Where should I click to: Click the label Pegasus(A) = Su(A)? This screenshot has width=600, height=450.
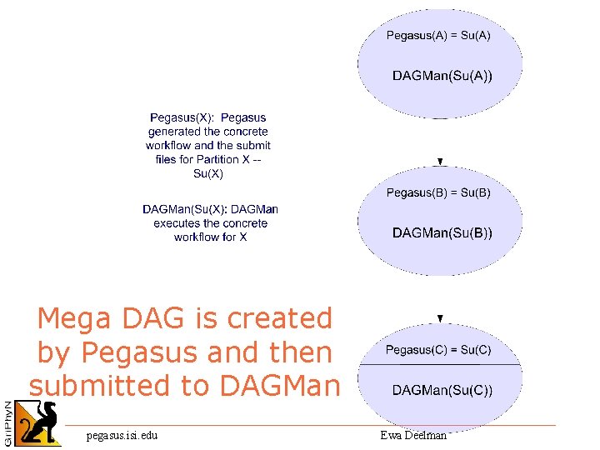pyautogui.click(x=438, y=35)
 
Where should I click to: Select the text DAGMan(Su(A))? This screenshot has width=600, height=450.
pyautogui.click(x=442, y=76)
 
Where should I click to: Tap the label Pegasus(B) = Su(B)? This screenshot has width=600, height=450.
pyautogui.click(x=438, y=192)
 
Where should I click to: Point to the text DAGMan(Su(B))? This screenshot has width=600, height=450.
pyautogui.click(x=442, y=232)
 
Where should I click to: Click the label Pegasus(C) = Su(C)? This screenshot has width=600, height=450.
pyautogui.click(x=438, y=350)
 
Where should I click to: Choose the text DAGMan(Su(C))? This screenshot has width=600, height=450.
pyautogui.click(x=442, y=390)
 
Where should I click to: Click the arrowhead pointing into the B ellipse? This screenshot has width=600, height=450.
pyautogui.click(x=440, y=162)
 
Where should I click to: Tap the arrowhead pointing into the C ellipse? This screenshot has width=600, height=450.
pyautogui.click(x=440, y=318)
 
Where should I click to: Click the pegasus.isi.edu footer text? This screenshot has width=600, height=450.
pyautogui.click(x=122, y=435)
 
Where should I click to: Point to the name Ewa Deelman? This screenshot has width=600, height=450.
pyautogui.click(x=413, y=435)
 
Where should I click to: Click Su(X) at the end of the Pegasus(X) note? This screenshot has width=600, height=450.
pyautogui.click(x=207, y=173)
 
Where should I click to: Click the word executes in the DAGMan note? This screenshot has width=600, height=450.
pyautogui.click(x=176, y=223)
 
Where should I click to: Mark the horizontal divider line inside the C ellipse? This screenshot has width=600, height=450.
pyautogui.click(x=440, y=366)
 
